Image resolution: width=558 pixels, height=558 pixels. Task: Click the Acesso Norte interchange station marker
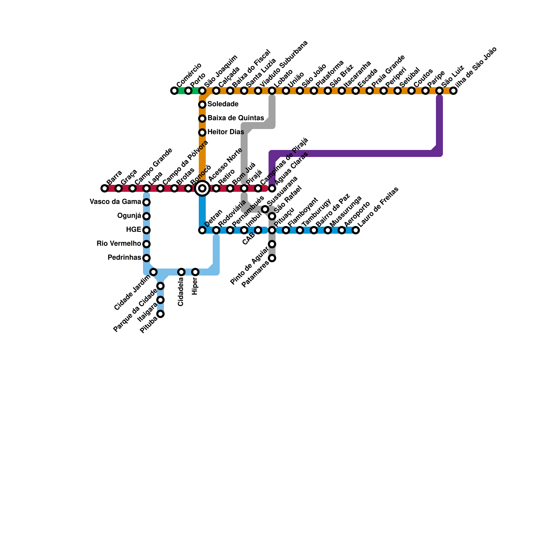pos(202,188)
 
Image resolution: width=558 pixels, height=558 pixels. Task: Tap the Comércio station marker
pos(174,91)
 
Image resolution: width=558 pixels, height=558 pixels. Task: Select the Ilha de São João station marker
pos(453,91)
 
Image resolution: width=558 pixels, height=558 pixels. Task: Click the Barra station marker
pos(105,188)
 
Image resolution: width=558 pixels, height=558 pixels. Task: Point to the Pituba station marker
pos(160,314)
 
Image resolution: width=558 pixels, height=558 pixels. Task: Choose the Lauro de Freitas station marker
pos(356,230)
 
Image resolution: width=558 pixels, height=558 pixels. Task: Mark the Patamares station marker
pos(272,258)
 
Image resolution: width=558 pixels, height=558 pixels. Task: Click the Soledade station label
pos(223,104)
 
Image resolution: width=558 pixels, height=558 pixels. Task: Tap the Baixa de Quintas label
pos(236,118)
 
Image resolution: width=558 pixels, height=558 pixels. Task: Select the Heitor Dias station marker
pos(202,133)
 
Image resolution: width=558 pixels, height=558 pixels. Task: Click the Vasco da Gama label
pos(115,202)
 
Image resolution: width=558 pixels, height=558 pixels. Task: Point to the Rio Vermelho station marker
pos(146,244)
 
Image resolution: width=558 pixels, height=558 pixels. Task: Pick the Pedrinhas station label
pos(124,258)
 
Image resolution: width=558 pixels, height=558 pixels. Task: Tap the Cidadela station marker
pos(181,272)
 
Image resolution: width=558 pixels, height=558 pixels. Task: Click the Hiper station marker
pos(195,272)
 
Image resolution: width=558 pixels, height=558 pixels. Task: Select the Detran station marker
pos(202,230)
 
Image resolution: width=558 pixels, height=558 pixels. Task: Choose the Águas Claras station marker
pos(272,188)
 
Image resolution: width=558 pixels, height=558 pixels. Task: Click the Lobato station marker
pos(272,91)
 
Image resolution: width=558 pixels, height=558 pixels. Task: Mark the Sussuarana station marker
pos(265,209)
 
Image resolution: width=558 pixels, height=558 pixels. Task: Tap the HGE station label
pos(134,230)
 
